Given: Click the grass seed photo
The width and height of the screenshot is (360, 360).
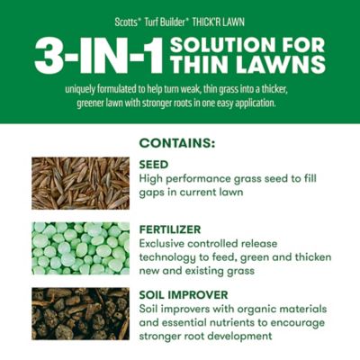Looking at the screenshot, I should (x=80, y=183).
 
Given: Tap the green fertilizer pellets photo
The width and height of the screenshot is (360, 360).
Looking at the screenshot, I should (x=80, y=247).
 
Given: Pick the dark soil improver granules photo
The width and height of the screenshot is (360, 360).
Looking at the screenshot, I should (x=80, y=312).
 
